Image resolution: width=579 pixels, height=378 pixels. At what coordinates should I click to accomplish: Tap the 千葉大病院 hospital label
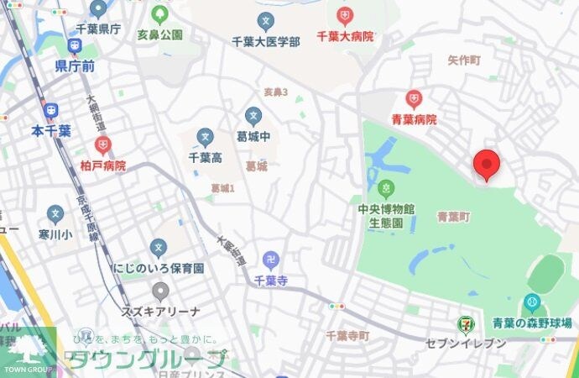tap(343, 37)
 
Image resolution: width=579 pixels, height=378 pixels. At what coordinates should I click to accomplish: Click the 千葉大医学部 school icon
tap(266, 20)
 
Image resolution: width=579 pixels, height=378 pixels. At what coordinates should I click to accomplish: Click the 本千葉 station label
tap(50, 130)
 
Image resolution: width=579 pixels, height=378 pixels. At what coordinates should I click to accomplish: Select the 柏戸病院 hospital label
tap(102, 165)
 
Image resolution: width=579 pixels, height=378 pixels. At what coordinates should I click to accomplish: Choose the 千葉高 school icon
tap(205, 136)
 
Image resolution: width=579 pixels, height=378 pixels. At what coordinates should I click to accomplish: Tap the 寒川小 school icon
tap(55, 214)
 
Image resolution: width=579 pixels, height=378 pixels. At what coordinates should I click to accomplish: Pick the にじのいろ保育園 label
tap(159, 269)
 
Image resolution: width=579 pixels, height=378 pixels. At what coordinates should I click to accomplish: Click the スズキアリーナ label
tap(159, 312)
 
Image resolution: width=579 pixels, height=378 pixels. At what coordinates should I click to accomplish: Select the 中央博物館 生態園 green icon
tap(386, 187)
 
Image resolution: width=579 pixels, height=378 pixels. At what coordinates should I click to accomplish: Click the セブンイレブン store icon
tap(464, 323)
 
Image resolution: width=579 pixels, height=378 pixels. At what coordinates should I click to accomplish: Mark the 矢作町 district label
tap(463, 60)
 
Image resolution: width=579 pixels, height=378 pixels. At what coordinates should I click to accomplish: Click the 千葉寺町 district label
tap(347, 336)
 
